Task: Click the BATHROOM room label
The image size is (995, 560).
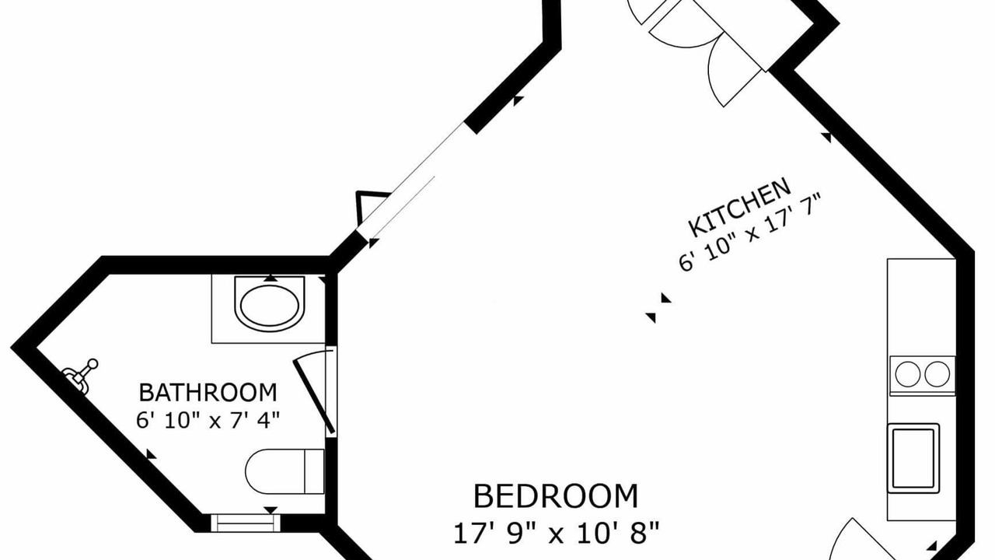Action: pyautogui.click(x=208, y=393)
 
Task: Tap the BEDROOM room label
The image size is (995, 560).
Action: pyautogui.click(x=556, y=496)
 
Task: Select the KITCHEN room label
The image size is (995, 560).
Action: pyautogui.click(x=739, y=207)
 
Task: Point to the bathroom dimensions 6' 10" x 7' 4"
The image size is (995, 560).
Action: pyautogui.click(x=208, y=420)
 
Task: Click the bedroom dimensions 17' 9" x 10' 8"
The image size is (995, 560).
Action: pyautogui.click(x=556, y=533)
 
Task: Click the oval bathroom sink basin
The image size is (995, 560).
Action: pyautogui.click(x=270, y=306)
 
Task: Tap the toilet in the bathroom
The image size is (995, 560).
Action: pyautogui.click(x=285, y=471)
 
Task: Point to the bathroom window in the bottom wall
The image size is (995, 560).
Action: pyautogui.click(x=246, y=523)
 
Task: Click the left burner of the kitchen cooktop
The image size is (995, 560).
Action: pyautogui.click(x=907, y=374)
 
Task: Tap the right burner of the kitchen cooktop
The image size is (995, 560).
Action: pyautogui.click(x=937, y=374)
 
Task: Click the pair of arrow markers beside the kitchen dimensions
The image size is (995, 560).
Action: pyautogui.click(x=658, y=307)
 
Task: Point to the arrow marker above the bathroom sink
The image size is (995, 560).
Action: pyautogui.click(x=271, y=278)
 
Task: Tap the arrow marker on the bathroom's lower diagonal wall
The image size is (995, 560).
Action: pyautogui.click(x=151, y=453)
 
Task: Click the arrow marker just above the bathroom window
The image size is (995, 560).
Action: pyautogui.click(x=271, y=509)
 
